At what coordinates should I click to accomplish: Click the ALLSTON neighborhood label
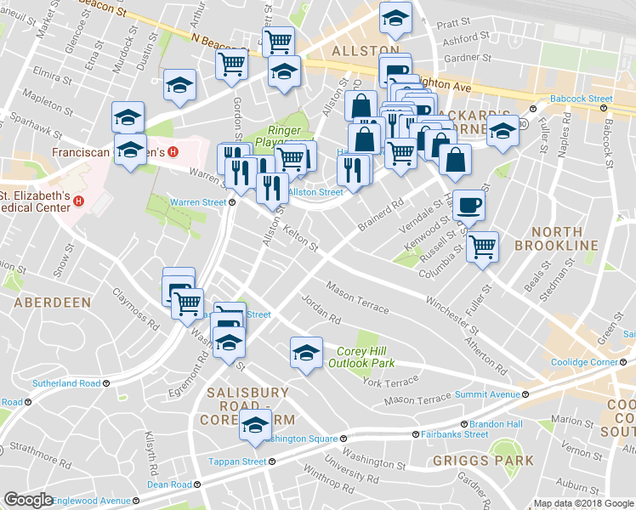365,51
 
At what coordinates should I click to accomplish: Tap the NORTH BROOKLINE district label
557,238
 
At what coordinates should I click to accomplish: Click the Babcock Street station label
581,99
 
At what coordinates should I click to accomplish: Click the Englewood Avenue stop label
91,501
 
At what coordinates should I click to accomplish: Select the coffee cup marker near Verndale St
468,205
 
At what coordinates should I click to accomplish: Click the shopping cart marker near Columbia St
482,246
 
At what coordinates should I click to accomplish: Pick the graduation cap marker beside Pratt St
395,18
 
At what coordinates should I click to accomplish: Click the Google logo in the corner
28,501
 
